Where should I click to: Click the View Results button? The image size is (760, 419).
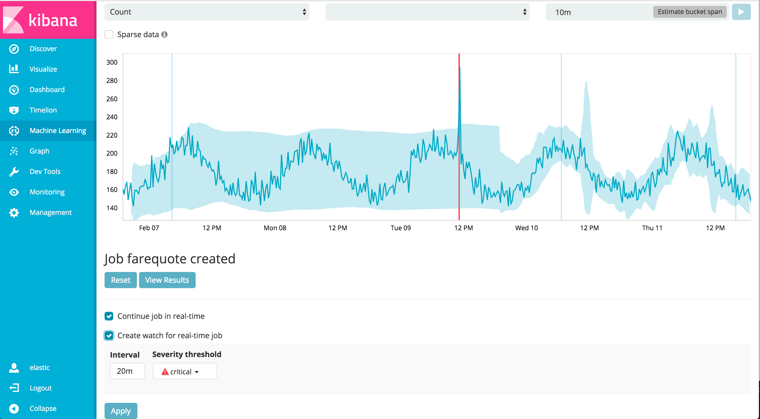coord(167,280)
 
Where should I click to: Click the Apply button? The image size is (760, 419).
coord(121,410)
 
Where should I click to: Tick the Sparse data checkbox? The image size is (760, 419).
coord(109,34)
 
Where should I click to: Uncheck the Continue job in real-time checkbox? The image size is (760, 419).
coord(109,316)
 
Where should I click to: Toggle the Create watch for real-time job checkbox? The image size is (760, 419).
coord(109,336)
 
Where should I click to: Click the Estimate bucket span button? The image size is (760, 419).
coord(689,12)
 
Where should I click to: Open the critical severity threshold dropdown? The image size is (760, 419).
coord(184,371)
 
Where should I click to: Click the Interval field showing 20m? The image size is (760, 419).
coord(127,371)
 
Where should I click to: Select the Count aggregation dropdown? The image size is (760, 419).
coord(206,12)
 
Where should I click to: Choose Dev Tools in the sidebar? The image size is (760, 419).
coord(45,171)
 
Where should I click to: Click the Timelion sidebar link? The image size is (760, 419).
coord(43,110)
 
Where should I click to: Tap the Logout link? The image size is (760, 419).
coord(40,388)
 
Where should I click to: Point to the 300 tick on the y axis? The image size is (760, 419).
coord(112,62)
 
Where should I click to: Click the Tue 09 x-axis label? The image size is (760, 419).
coord(400,228)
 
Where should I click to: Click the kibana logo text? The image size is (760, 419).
coord(53,20)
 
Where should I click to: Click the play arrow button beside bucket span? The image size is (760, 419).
coord(741,12)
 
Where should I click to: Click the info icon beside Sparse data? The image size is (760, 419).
coord(164,34)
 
